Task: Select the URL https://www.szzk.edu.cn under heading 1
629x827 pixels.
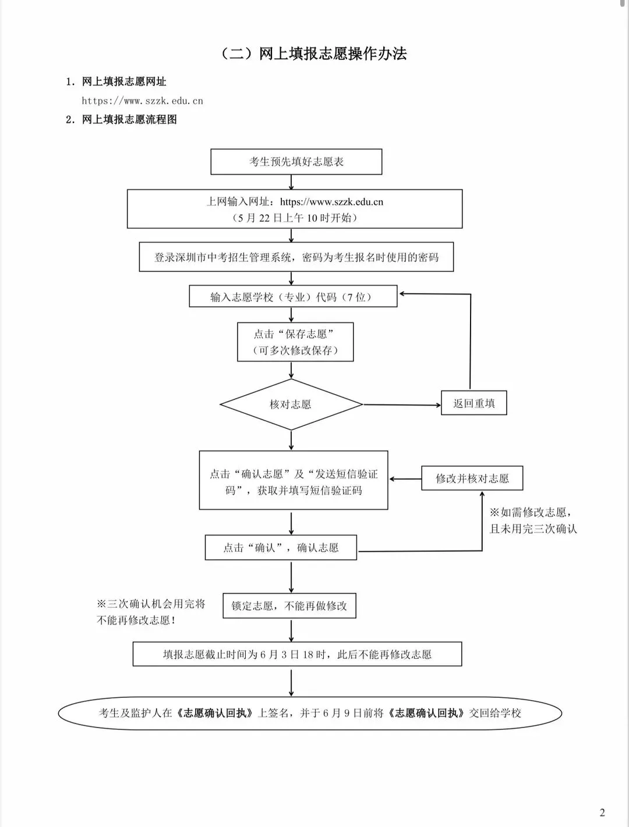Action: tap(142, 101)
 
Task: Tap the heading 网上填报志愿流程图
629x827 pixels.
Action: tap(129, 119)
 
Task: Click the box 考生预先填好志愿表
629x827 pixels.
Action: tap(296, 162)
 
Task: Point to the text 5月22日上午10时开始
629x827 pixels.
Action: tap(294, 218)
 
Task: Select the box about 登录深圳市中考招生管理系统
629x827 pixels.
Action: tap(296, 257)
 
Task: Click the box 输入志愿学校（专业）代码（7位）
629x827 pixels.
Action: tap(293, 296)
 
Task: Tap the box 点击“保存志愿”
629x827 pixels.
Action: tap(295, 342)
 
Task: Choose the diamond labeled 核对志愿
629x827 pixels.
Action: tap(291, 404)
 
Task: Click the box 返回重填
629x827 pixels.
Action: tap(473, 403)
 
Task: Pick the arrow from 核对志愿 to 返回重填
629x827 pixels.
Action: tap(402, 404)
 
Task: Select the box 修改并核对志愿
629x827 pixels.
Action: tap(472, 478)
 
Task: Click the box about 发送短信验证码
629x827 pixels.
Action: tap(294, 481)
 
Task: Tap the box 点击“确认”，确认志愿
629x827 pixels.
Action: tap(281, 548)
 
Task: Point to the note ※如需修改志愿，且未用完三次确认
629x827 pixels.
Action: tap(532, 520)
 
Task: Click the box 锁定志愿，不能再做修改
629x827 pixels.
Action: tap(289, 606)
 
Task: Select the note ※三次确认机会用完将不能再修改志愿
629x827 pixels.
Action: tap(151, 612)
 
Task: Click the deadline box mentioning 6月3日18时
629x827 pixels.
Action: tap(297, 654)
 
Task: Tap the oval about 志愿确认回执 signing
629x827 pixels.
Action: tap(310, 713)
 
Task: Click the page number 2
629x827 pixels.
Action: tap(602, 812)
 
